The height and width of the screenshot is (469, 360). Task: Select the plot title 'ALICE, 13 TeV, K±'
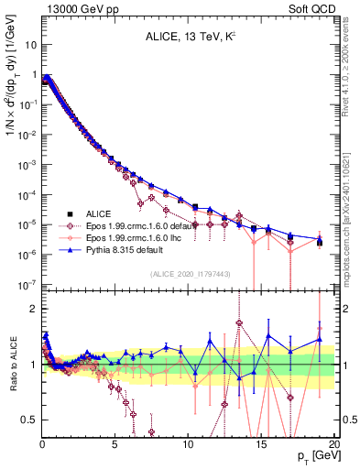tap(188, 38)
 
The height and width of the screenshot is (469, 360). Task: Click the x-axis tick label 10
tap(188, 442)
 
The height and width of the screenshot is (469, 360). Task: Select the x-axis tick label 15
tap(261, 442)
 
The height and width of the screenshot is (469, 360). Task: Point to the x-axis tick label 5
tap(115, 442)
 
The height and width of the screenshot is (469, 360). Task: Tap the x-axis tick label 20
tap(333, 442)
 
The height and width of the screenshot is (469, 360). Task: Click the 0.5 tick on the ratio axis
tap(31, 420)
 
